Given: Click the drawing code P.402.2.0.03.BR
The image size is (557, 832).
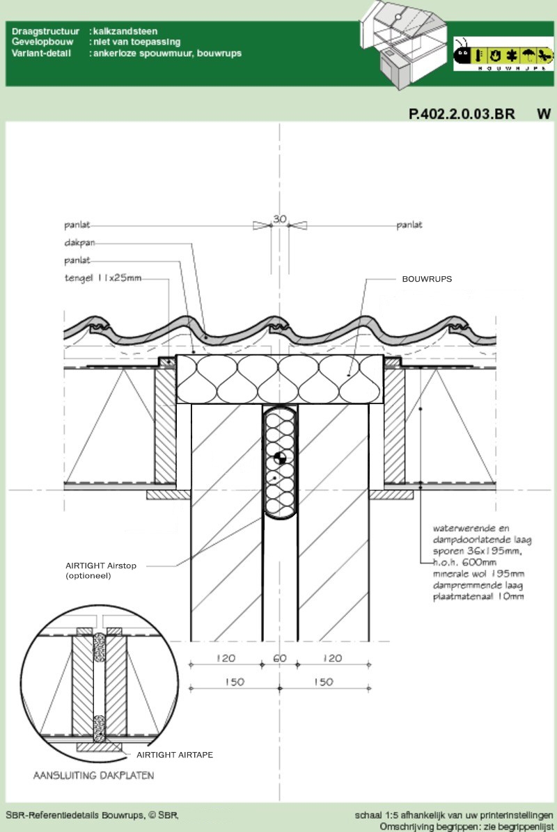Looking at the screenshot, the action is click(x=462, y=114).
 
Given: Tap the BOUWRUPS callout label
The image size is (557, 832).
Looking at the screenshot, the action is click(x=427, y=279).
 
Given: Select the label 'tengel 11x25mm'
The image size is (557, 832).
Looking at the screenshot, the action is click(x=103, y=278).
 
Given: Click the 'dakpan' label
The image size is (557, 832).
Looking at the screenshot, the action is click(x=79, y=243).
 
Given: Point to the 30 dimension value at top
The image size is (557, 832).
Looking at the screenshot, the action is click(x=280, y=218).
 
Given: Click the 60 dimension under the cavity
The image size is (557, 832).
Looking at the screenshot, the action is click(x=280, y=658).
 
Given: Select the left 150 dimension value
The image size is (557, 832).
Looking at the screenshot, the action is click(x=234, y=682).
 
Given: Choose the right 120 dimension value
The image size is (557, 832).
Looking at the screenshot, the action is click(x=332, y=658).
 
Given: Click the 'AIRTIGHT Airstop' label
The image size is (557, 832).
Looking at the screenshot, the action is click(x=101, y=566).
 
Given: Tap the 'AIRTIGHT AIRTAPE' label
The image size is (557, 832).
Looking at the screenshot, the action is click(x=175, y=755).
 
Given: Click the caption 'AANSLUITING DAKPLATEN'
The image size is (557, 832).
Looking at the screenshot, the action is click(x=93, y=775).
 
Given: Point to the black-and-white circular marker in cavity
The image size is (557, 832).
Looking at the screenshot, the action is click(x=280, y=458).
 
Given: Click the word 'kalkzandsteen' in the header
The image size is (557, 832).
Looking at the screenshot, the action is click(x=125, y=31).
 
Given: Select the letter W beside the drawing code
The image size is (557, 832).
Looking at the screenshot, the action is click(x=544, y=114).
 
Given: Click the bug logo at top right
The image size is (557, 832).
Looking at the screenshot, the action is click(x=503, y=55).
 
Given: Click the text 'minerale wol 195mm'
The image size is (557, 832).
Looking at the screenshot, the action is click(x=478, y=574).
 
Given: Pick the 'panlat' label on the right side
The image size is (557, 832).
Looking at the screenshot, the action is click(x=409, y=225).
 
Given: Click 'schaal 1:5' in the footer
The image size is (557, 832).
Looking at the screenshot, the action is click(x=377, y=815).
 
